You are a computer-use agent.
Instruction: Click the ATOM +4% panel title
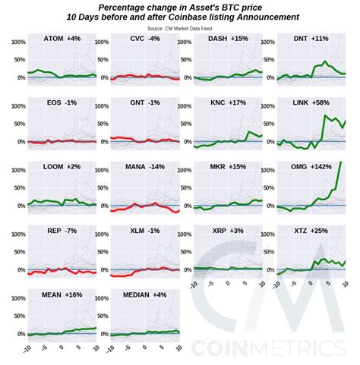click(x=62, y=38)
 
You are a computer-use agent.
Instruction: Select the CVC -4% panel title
click(x=145, y=38)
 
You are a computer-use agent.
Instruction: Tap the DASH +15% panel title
click(x=228, y=38)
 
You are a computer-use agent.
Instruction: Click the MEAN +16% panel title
click(x=62, y=294)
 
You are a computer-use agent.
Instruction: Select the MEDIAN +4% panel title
click(x=145, y=294)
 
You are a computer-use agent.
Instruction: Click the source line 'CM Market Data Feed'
click(x=179, y=28)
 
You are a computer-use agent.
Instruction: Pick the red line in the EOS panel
click(x=61, y=142)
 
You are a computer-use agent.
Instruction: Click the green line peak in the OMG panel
click(x=340, y=162)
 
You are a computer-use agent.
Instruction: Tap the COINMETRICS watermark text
click(x=273, y=348)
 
